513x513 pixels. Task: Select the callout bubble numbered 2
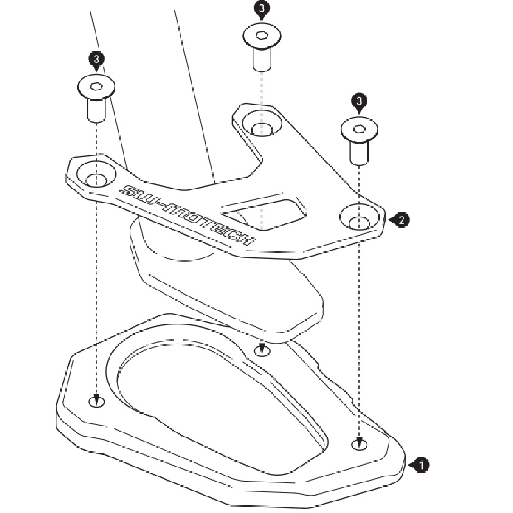click(401, 220)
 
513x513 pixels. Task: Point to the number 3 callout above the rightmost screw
click(359, 101)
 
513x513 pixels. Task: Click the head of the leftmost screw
click(96, 85)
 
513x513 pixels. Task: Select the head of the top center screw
click(261, 35)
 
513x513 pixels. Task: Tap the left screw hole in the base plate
click(96, 401)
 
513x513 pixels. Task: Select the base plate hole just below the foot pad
click(261, 351)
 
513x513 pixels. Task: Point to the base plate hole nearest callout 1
click(360, 444)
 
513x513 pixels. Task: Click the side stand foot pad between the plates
click(224, 282)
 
